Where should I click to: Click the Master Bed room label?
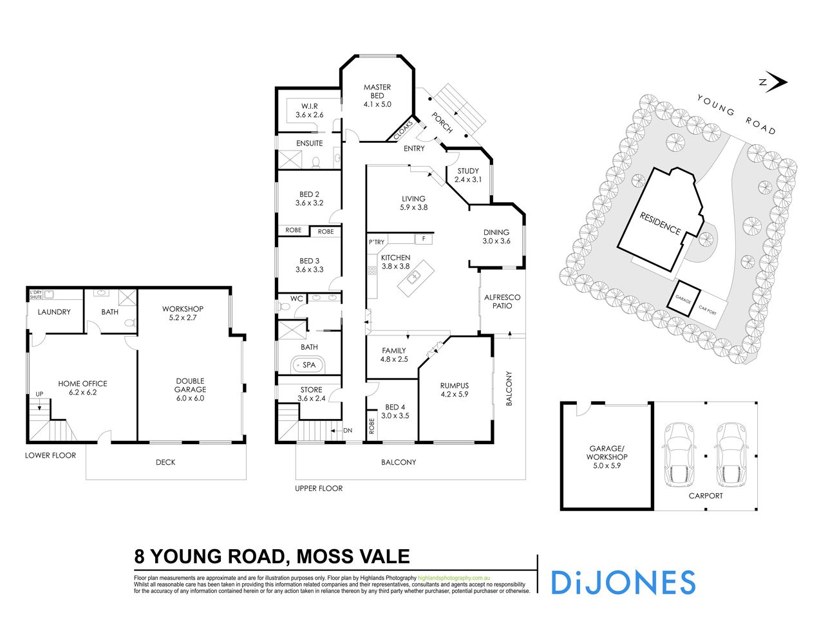point(377,95)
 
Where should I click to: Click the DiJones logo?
point(623,582)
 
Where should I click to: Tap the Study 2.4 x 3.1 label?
point(468,176)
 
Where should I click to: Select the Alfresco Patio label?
point(502,301)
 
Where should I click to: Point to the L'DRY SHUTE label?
point(37,294)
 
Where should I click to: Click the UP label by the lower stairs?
point(39,394)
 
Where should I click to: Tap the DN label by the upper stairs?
point(348,430)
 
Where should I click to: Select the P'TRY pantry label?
point(376,242)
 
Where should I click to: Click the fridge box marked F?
point(423,239)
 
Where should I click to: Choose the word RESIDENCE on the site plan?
point(660,223)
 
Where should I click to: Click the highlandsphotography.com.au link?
point(455,578)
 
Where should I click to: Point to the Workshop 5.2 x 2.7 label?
point(183,314)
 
